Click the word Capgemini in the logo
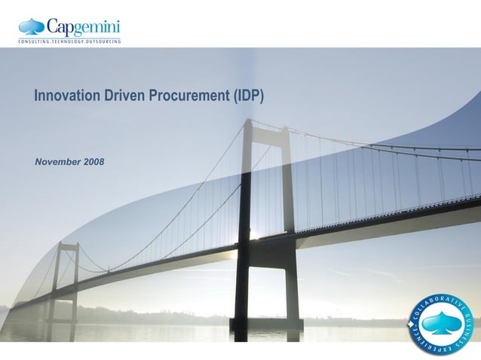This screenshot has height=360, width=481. click(83, 28)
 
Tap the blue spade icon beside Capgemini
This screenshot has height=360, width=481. click(32, 27)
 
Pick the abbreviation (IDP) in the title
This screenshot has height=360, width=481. click(249, 96)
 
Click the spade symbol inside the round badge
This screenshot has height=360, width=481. click(441, 324)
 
